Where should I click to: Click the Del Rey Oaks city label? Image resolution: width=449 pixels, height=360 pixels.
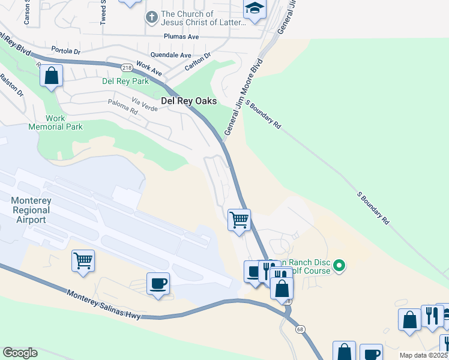(x=188, y=101)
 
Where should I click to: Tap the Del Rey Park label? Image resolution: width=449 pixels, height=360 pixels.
(x=109, y=80)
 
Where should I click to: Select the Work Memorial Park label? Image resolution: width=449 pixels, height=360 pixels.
(x=55, y=122)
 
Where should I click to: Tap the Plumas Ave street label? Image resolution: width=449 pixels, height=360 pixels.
(x=181, y=37)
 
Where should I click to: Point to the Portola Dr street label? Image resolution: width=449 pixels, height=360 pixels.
(x=65, y=50)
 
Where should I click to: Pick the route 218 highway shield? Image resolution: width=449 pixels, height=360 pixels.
(x=126, y=68)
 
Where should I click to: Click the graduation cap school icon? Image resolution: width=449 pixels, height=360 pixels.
(x=255, y=8)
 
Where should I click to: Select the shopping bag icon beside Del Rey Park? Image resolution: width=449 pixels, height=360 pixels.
(x=52, y=76)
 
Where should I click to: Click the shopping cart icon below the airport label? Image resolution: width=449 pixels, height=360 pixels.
(x=83, y=260)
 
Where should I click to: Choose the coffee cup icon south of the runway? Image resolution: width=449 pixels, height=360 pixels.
(x=158, y=283)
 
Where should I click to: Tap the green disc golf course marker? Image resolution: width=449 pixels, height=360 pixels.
(x=339, y=265)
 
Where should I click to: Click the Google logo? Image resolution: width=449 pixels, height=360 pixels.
(x=20, y=353)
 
